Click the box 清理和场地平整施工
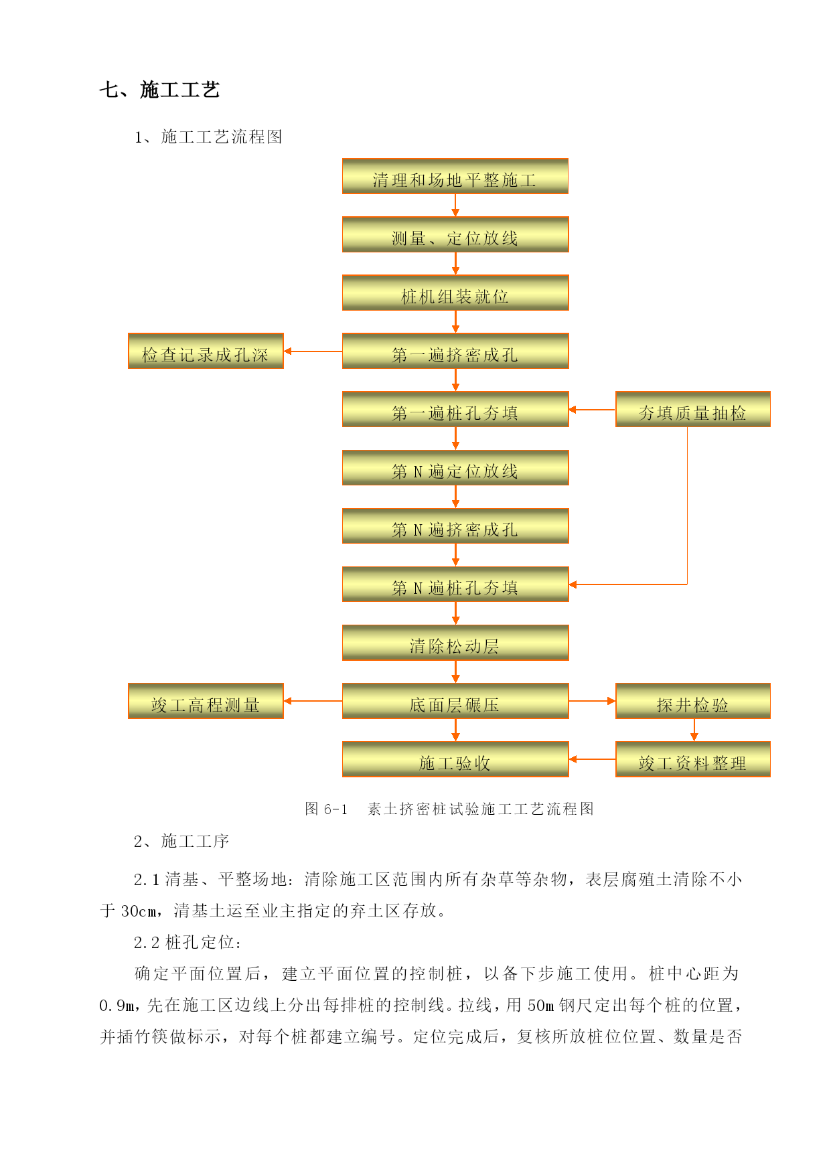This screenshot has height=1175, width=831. pos(455,176)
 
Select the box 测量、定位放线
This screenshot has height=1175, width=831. pos(455,234)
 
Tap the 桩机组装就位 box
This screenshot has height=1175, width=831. pos(455,293)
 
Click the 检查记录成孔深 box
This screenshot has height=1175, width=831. pos(206,351)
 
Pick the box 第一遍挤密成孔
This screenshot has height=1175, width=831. pos(455,351)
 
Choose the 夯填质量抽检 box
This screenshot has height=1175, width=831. pos(693,409)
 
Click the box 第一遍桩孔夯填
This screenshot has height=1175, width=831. pos(455,409)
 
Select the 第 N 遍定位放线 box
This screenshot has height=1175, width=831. pos(455,467)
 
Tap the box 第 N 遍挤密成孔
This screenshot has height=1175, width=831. pos(455,526)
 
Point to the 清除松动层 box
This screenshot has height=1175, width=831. pos(455,643)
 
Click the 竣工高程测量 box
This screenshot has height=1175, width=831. pos(206,701)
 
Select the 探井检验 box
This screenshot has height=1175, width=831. pos(693,701)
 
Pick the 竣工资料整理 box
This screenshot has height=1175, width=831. pos(693,759)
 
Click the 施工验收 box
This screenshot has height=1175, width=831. pos(455,759)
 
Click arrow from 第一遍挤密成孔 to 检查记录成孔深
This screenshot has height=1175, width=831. pos(313,351)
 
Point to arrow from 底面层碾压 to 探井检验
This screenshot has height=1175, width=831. pos(592,701)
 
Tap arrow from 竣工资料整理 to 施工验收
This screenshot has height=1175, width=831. pos(592,759)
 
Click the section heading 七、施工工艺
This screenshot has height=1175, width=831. pos(159,90)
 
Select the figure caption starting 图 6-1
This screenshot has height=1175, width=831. pos(449,809)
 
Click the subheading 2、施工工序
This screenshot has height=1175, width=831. pos(181,841)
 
